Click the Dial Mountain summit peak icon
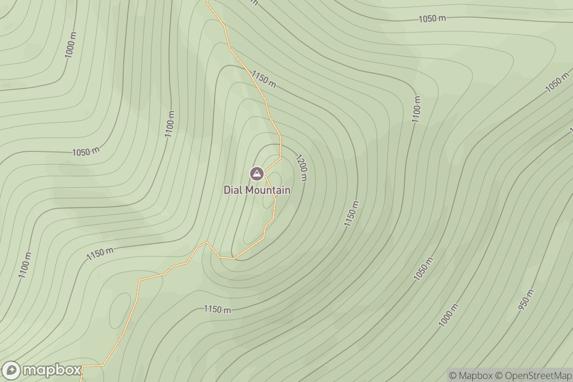(x=257, y=173)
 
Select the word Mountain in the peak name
(x=268, y=190)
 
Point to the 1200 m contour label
(x=302, y=168)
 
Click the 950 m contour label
(x=526, y=301)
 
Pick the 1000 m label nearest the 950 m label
(x=448, y=316)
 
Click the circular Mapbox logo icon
(x=11, y=371)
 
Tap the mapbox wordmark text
(x=52, y=371)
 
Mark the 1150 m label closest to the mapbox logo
(x=100, y=254)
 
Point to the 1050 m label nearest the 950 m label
(x=423, y=269)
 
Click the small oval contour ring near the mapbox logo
(x=120, y=310)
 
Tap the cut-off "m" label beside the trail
(x=254, y=2)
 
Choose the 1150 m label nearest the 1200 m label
(x=352, y=213)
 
